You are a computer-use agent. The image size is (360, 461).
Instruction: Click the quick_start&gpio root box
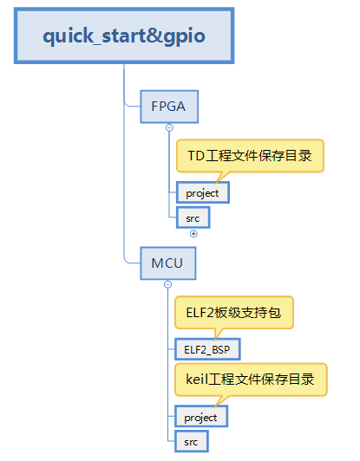[124, 36]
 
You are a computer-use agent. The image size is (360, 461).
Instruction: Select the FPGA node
[169, 107]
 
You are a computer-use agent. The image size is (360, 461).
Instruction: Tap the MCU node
[168, 263]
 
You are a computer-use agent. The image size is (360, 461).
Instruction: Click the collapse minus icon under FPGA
[169, 127]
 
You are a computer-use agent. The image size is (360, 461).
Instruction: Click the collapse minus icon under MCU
[167, 284]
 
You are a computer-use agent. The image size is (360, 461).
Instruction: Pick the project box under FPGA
[203, 193]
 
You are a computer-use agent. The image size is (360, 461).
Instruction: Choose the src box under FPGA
[193, 218]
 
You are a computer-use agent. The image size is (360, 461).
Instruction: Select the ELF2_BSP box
[207, 349]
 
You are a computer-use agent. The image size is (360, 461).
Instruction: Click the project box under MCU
[201, 417]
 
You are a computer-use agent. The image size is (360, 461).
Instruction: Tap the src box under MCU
[192, 442]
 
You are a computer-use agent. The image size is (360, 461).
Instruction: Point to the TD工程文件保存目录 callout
[250, 156]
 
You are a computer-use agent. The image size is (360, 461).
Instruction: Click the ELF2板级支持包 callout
[234, 312]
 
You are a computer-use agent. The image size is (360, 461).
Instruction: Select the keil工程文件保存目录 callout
[251, 380]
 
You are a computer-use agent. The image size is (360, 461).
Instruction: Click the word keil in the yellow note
[197, 380]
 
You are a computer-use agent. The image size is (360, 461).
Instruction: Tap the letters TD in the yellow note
[196, 156]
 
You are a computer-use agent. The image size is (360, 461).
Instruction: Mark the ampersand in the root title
[155, 36]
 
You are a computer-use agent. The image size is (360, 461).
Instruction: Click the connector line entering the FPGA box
[133, 106]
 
